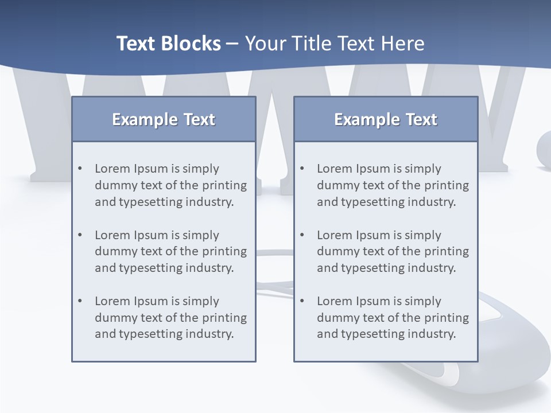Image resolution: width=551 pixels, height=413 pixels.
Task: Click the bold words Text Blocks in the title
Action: (x=168, y=44)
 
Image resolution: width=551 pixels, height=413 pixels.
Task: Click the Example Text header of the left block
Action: (x=164, y=119)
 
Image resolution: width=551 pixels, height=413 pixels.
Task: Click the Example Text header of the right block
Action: (x=386, y=119)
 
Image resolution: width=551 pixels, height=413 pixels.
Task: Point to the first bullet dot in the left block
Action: (x=80, y=169)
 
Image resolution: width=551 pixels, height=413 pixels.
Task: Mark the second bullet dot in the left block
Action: (x=80, y=235)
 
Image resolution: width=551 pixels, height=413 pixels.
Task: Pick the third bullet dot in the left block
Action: (x=80, y=301)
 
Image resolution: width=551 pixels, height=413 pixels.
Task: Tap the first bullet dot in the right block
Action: (x=302, y=169)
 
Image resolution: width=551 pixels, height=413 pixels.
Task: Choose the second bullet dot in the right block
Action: (x=302, y=235)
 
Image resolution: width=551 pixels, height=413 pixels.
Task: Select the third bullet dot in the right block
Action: (x=302, y=301)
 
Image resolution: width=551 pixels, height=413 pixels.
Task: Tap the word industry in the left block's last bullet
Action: (x=209, y=334)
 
